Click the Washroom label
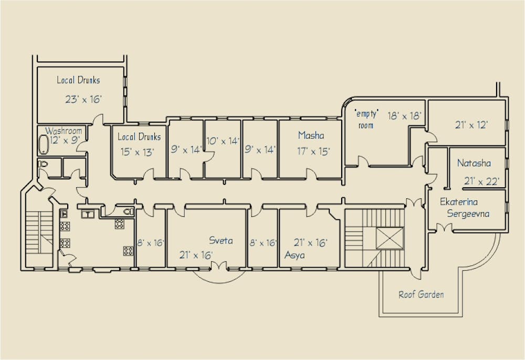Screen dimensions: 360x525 pyautogui.click(x=64, y=131)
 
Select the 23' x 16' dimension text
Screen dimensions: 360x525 pyautogui.click(x=83, y=99)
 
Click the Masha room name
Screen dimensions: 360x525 pyautogui.click(x=311, y=135)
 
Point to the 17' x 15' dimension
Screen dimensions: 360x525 pyautogui.click(x=313, y=152)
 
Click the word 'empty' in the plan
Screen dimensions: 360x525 pyautogui.click(x=366, y=114)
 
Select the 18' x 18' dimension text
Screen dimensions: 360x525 pyautogui.click(x=405, y=116)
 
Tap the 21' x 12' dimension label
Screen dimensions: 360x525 pyautogui.click(x=471, y=125)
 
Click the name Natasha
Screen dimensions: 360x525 pyautogui.click(x=474, y=163)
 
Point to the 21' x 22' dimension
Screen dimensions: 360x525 pyautogui.click(x=481, y=182)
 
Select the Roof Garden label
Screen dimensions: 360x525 pyautogui.click(x=421, y=294)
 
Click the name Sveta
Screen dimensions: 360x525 pyautogui.click(x=221, y=241)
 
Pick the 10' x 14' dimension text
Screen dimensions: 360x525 pyautogui.click(x=223, y=141)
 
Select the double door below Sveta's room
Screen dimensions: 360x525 pyautogui.click(x=218, y=267)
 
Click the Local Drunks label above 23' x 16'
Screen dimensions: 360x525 pyautogui.click(x=78, y=80)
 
